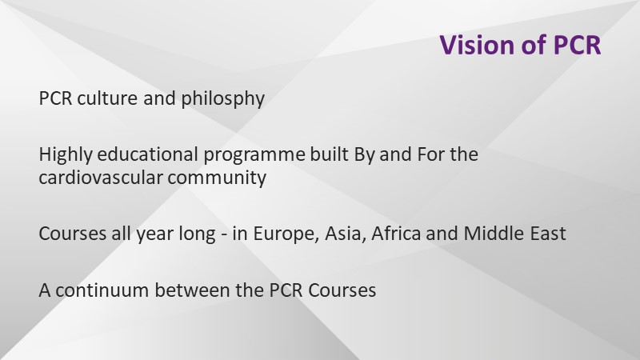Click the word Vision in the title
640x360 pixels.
tap(477, 45)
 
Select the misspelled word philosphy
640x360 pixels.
tap(223, 98)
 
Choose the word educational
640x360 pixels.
tap(148, 154)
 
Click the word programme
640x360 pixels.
tap(254, 155)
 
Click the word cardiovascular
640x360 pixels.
tap(101, 178)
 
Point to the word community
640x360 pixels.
tap(217, 178)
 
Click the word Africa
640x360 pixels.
tap(396, 234)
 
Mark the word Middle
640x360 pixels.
tap(494, 234)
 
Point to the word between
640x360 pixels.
tap(193, 290)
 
